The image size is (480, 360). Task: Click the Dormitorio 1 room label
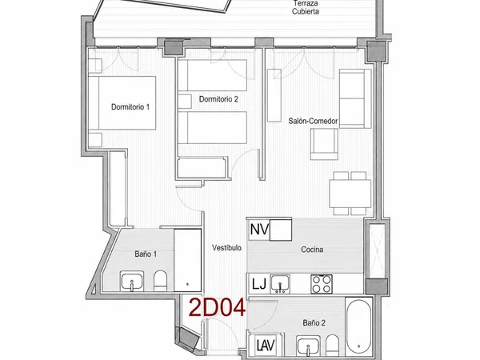coord(130,107)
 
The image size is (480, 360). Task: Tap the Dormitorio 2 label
coord(218,99)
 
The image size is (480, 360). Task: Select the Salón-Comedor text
coord(313,121)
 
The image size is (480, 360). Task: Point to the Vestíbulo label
coord(227,248)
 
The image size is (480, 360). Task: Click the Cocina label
coord(312,250)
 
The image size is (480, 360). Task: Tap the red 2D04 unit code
coord(217,308)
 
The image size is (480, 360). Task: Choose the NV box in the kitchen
coord(259,230)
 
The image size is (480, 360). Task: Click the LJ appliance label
coord(259,284)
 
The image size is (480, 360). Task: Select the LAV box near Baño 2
coord(266,346)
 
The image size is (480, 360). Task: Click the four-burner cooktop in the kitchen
coord(322,284)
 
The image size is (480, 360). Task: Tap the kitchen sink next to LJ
coord(280,284)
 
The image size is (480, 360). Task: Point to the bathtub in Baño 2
coord(359,326)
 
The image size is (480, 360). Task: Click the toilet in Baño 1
coord(160,281)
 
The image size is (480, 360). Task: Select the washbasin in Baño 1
coord(132,282)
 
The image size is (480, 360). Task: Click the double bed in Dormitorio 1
coord(126,103)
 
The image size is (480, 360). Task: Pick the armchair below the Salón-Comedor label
coord(324,144)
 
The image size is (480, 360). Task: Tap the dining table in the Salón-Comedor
coord(350,193)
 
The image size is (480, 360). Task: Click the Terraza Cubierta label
coord(306,8)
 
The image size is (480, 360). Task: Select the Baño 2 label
coord(314,322)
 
